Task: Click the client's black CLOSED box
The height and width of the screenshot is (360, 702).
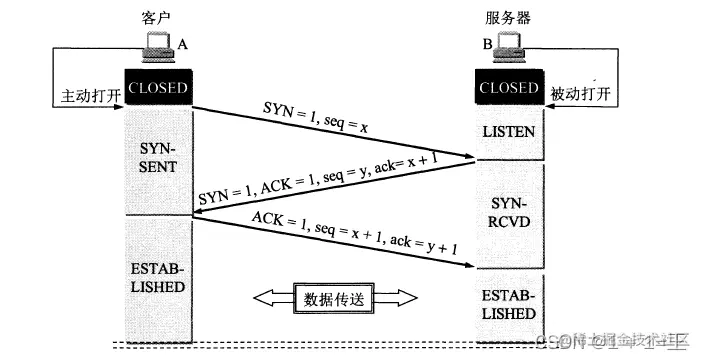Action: [158, 87]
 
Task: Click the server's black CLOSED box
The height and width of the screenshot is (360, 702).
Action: [509, 87]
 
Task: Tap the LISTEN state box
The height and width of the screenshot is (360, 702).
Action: [509, 131]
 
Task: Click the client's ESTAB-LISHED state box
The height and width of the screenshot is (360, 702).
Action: [158, 271]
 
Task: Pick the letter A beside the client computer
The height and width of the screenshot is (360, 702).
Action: [182, 45]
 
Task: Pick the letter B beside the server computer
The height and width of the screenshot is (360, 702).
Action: [489, 45]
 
